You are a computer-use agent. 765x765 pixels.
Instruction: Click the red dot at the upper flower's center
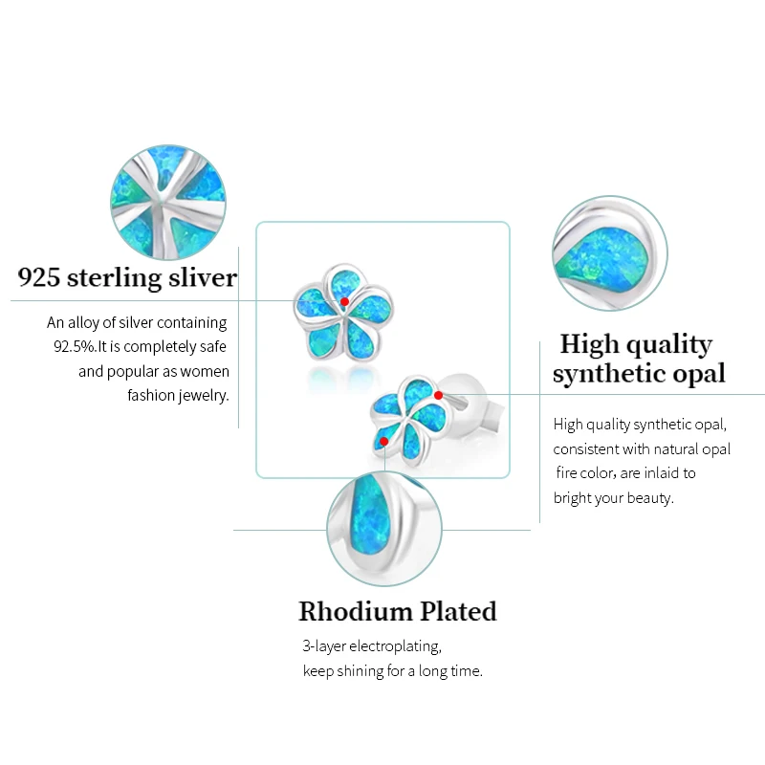coord(344,302)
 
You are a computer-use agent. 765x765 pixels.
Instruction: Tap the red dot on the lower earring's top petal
coord(438,395)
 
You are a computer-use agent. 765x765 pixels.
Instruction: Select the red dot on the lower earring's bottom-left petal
coord(383,442)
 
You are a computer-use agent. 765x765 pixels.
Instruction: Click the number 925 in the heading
coord(39,278)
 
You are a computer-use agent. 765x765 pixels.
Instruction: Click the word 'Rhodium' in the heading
coord(353,611)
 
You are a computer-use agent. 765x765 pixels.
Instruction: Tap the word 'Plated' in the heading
coord(456,611)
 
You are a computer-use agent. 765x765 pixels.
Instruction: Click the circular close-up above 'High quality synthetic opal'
coord(610,253)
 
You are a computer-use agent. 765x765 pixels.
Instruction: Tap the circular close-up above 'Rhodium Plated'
coord(384,532)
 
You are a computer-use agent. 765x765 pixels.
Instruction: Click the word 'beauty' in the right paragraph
coord(650,497)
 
